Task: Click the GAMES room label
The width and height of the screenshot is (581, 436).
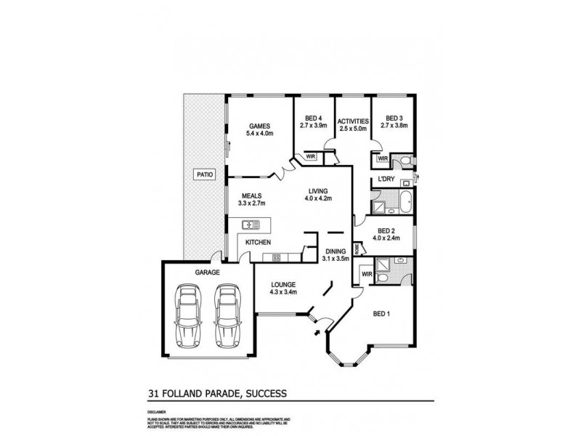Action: click(260, 124)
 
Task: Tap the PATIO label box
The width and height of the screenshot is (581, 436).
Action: click(204, 174)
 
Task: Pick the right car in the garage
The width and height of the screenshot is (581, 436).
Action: click(228, 317)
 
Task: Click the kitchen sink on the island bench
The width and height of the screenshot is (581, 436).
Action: click(251, 225)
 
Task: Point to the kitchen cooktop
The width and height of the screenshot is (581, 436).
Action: click(276, 257)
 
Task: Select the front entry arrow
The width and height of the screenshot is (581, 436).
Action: click(317, 333)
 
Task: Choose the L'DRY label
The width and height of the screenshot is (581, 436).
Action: click(385, 179)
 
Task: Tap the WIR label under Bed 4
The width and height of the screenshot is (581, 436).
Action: click(310, 156)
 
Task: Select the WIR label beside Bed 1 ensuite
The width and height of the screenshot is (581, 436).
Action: click(367, 274)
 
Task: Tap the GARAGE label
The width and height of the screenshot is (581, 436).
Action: click(207, 272)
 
